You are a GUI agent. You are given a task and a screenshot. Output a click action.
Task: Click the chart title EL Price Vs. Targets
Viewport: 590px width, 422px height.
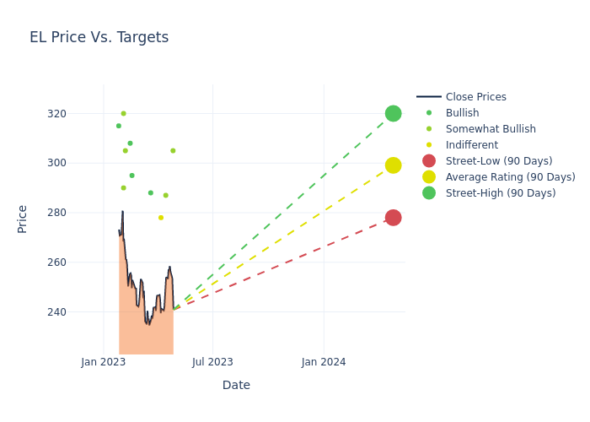pyautogui.click(x=99, y=37)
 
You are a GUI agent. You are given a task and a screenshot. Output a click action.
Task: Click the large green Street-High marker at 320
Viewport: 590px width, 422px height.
pyautogui.click(x=393, y=113)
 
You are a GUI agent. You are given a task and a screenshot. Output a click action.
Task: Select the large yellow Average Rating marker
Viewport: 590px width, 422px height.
pyautogui.click(x=393, y=165)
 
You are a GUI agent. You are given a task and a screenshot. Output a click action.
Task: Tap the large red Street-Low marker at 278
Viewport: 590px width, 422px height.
pyautogui.click(x=393, y=218)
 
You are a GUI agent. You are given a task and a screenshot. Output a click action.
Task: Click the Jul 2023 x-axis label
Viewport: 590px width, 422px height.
pyautogui.click(x=212, y=362)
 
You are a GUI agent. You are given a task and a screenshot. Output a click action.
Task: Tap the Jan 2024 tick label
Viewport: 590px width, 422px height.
pyautogui.click(x=324, y=362)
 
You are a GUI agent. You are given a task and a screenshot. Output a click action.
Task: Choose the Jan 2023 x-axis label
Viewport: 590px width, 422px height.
pyautogui.click(x=104, y=362)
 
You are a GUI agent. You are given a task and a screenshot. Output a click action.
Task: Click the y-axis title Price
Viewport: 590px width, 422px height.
pyautogui.click(x=23, y=219)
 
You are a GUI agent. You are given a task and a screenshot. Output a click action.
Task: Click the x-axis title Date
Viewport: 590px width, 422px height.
pyautogui.click(x=236, y=385)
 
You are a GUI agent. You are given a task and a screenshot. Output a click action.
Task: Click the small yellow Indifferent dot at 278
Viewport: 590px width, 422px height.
pyautogui.click(x=161, y=218)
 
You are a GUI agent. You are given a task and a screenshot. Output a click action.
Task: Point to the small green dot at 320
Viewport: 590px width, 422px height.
pyautogui.click(x=123, y=113)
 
